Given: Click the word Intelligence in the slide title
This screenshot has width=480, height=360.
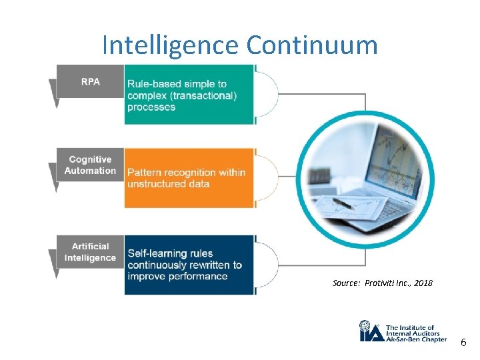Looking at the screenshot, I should point(171,45).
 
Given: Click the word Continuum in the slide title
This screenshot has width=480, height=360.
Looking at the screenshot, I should point(311,45).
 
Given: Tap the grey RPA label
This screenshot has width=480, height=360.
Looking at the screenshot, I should point(91,81).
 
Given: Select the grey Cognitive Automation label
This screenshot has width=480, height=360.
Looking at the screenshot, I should point(90,165).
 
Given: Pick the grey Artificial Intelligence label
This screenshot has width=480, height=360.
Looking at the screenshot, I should point(90,252).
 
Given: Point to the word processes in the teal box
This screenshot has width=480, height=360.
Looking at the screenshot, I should point(151,107).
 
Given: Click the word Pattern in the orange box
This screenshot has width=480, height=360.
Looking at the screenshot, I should point(145,172).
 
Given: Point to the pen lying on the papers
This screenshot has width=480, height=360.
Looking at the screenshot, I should point(343,203).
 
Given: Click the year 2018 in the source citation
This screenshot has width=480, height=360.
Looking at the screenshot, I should point(423,283).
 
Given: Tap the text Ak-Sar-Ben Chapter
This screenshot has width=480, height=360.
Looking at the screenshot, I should point(417,339).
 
